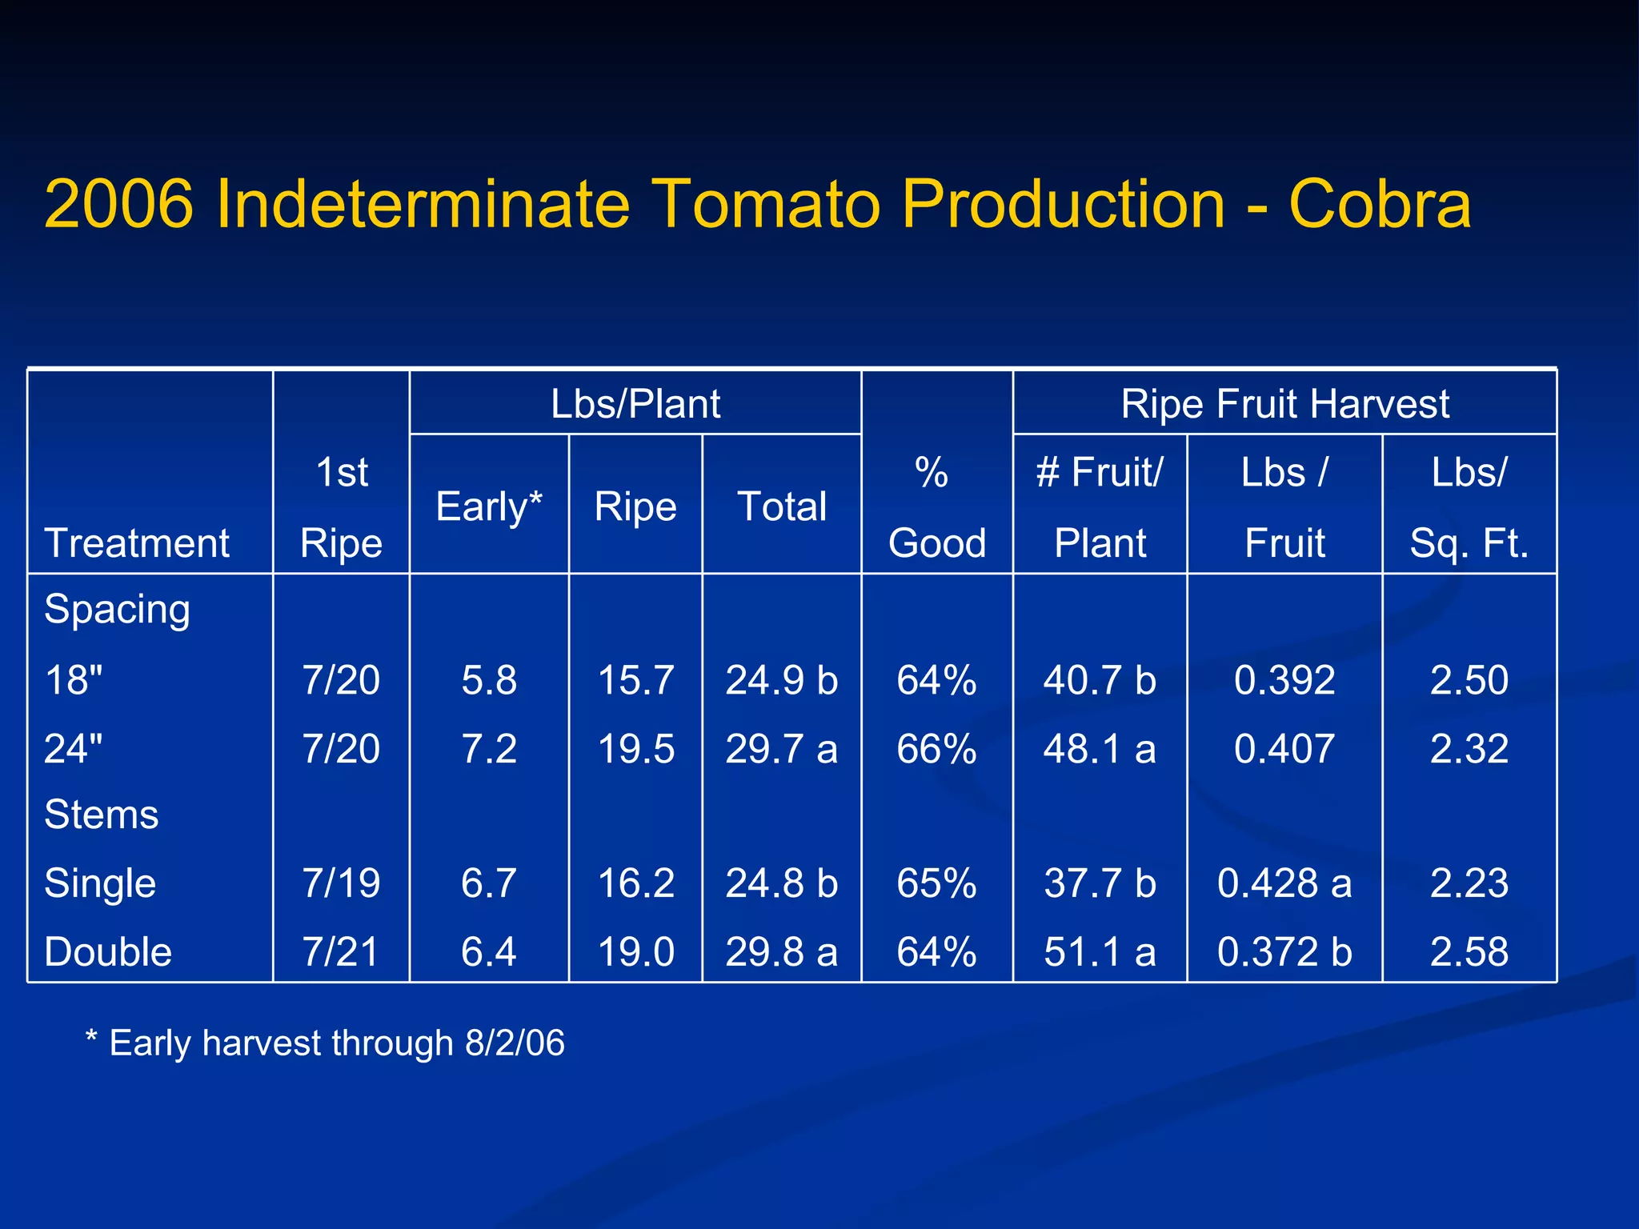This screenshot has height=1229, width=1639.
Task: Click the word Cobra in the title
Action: point(1380,204)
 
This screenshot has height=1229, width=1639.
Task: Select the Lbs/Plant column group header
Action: point(635,403)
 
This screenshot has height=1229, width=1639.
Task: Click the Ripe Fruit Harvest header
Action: point(1284,403)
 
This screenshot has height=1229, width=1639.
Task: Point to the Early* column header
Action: point(489,506)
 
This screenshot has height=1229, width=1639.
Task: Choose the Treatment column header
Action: point(137,543)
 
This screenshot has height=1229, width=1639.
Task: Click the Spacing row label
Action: point(117,610)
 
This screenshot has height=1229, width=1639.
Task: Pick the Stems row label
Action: point(102,815)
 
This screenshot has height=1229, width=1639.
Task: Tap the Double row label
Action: point(108,952)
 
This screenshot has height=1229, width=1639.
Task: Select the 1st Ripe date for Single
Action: point(341,883)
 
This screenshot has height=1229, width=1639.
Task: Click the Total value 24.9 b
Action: point(781,680)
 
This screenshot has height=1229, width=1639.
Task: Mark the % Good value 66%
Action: point(936,749)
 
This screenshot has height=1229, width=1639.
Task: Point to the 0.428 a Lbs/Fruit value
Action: point(1284,883)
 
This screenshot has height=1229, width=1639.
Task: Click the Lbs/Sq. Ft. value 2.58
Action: point(1469,952)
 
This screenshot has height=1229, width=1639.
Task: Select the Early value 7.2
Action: point(489,749)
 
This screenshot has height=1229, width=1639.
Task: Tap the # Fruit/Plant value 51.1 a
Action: point(1100,952)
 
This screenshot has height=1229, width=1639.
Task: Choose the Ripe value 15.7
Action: point(635,680)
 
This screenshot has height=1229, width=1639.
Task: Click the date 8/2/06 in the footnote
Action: point(515,1043)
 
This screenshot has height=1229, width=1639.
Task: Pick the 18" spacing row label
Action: point(74,680)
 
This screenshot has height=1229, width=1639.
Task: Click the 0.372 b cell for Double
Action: point(1284,952)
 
